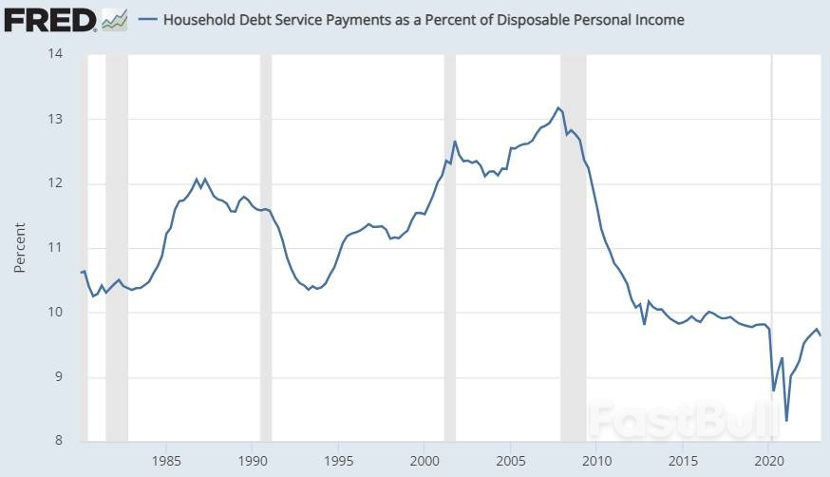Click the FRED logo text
50,21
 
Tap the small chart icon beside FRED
115,20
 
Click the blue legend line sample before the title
148,20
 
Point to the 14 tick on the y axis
55,53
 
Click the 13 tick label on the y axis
55,119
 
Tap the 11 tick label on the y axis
55,247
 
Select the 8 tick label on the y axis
58,441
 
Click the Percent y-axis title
20,247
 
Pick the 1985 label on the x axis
166,461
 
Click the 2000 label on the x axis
424,461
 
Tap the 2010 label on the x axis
596,461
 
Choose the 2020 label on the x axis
769,461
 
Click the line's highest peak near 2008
557,108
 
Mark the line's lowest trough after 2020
786,421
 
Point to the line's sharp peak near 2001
454,142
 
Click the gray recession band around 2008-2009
574,248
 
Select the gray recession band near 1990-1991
266,248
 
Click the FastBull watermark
683,419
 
